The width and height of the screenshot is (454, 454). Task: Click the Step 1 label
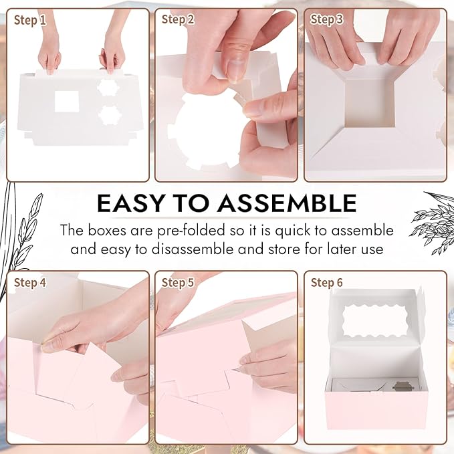30,20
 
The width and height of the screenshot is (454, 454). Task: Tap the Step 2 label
178,19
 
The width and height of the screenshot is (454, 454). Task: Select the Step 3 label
327,19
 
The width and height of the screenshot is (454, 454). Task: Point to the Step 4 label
30,283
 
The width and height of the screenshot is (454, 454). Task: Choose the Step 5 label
178,283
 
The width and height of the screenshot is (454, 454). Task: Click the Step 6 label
327,283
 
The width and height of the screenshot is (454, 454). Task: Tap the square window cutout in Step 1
66,102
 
